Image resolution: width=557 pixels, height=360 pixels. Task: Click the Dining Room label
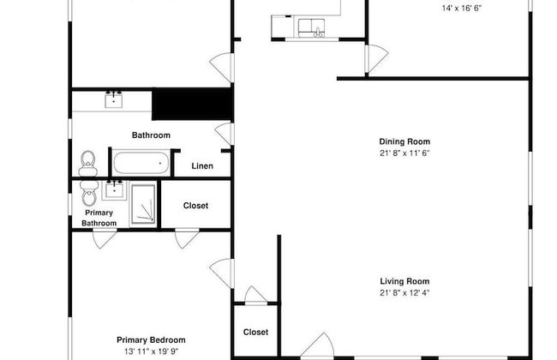tap(404, 141)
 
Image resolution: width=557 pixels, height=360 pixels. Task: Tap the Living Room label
tap(404, 281)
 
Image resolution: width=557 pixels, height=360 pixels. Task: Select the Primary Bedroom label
tap(151, 340)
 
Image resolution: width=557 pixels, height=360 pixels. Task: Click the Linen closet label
tap(202, 166)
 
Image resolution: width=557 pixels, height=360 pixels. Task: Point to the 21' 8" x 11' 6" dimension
tap(404, 153)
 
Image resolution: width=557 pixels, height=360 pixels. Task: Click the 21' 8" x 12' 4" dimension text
tap(404, 293)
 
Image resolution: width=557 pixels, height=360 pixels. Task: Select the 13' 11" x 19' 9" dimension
tap(151, 351)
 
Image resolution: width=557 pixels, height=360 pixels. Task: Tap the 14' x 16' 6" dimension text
tap(461, 9)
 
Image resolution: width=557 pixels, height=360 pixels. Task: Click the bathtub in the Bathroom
tap(141, 163)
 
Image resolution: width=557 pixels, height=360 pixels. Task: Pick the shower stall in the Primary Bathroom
tap(143, 204)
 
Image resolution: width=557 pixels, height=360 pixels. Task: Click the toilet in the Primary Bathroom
tap(89, 194)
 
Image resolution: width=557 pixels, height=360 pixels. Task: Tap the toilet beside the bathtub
tap(88, 164)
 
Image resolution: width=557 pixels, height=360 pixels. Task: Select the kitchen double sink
tap(311, 28)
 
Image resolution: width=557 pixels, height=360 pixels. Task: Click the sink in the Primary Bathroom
tap(114, 189)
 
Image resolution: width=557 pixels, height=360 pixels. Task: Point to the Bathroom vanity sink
tap(114, 100)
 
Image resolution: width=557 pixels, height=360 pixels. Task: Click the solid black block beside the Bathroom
tap(192, 104)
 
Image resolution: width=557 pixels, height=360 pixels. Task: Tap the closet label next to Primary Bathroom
tap(195, 206)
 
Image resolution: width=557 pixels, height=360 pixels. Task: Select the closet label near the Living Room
tap(255, 332)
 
